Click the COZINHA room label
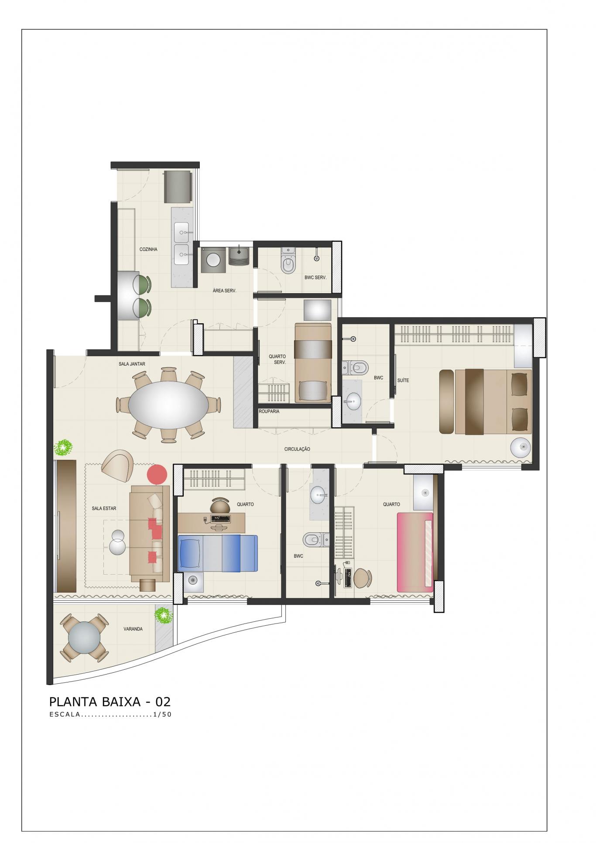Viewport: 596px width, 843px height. click(148, 249)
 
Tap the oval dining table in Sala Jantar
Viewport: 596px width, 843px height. click(168, 405)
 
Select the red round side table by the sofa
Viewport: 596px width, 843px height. click(157, 474)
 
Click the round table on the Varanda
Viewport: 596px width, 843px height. click(84, 637)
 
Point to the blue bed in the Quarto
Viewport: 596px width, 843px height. click(218, 553)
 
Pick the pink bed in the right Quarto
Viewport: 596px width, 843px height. click(415, 552)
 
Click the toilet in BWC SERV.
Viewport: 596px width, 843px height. click(288, 261)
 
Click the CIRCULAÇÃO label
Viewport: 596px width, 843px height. click(297, 449)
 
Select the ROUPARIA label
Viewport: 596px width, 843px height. click(269, 411)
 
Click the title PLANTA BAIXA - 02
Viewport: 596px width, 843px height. click(110, 702)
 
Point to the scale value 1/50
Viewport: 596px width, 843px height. click(162, 715)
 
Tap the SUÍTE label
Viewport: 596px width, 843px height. click(403, 380)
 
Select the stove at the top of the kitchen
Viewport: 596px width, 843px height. click(178, 187)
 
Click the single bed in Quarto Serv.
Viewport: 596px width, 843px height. click(313, 363)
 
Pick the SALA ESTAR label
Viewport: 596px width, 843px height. click(104, 508)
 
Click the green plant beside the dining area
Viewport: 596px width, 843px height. click(63, 447)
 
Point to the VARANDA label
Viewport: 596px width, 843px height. click(133, 629)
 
